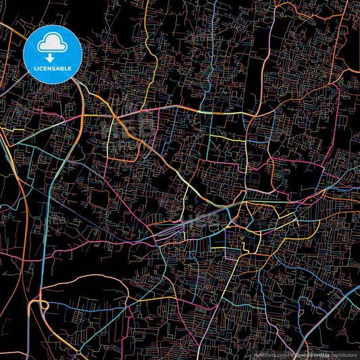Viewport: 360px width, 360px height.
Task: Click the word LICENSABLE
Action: [x=52, y=68]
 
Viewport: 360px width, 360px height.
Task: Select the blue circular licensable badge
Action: [x=52, y=54]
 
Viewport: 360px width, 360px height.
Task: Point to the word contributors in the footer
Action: [x=343, y=353]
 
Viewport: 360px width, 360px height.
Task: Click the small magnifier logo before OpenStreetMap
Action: [x=292, y=353]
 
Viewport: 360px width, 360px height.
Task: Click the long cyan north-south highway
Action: [x=45, y=223]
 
